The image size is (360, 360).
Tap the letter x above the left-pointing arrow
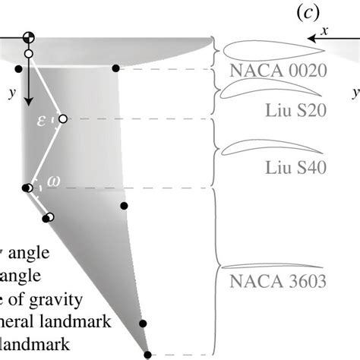(324, 30)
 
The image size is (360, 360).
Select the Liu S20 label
(298, 110)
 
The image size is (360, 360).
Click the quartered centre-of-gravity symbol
(29, 39)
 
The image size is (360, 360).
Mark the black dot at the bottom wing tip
(148, 355)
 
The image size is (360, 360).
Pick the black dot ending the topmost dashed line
(115, 68)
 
